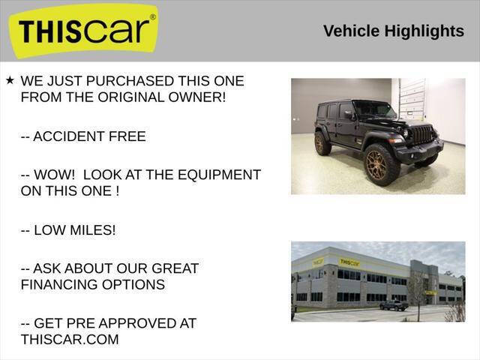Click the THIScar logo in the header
(85, 31)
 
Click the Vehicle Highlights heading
(393, 31)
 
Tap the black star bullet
(10, 79)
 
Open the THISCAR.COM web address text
(70, 340)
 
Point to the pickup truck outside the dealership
(393, 305)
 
